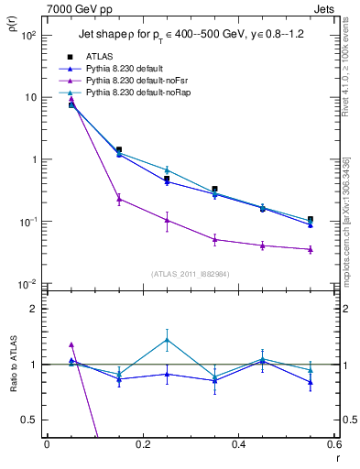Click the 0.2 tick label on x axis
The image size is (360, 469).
[142, 444]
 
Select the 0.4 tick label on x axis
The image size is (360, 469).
[238, 444]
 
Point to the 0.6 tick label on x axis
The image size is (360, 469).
[333, 444]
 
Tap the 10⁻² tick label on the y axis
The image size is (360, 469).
[29, 284]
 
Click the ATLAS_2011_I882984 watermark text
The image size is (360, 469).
[190, 274]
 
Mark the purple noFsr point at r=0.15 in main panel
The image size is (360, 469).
[119, 198]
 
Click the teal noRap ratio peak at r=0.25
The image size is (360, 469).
[167, 339]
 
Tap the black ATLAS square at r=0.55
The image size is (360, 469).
[311, 219]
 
